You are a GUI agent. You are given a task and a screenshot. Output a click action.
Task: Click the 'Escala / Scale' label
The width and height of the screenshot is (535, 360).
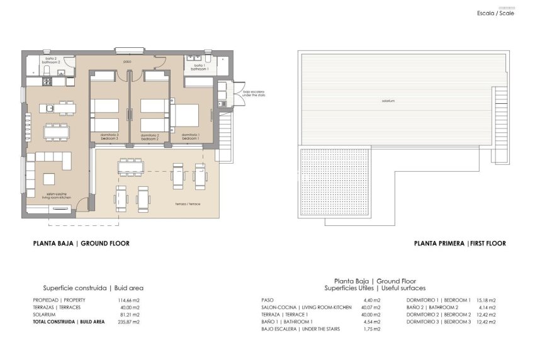[495, 13]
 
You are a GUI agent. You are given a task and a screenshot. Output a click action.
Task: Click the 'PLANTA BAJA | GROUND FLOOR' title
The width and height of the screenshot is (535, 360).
[81, 243]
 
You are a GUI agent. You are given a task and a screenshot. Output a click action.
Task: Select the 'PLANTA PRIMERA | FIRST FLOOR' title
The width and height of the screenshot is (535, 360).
[459, 243]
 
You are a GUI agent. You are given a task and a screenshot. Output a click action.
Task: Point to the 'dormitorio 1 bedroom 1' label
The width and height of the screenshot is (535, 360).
[191, 136]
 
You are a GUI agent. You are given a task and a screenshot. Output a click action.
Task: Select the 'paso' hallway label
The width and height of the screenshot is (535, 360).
[127, 62]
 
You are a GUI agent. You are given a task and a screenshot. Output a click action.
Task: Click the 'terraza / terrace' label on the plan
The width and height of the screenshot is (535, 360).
[188, 204]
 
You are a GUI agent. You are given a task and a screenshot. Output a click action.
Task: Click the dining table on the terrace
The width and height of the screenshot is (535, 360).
[131, 166]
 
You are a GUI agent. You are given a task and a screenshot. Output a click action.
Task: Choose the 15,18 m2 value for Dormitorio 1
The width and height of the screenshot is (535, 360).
[486, 300]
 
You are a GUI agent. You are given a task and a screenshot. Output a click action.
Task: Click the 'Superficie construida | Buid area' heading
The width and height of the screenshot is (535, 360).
[93, 288]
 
